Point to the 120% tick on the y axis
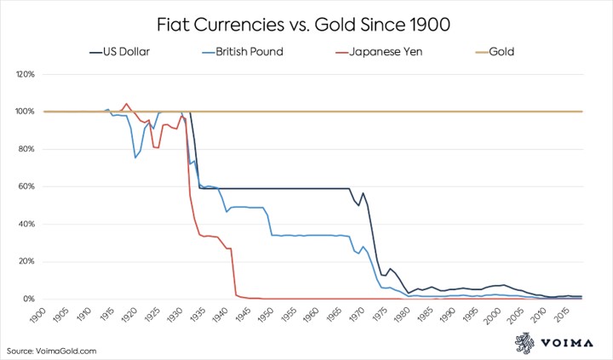(x=24, y=74)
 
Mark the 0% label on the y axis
(x=28, y=300)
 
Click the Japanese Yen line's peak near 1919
(x=127, y=104)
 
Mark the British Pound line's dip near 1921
(x=135, y=157)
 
